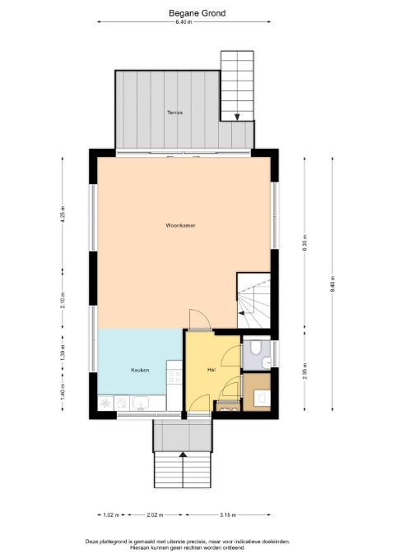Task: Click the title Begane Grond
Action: coord(197,13)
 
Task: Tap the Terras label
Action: coord(175,113)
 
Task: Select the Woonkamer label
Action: coord(180,225)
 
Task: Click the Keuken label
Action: coord(140,370)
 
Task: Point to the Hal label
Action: coord(211,370)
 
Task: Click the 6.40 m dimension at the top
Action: coord(184,22)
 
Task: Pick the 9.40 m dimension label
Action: coord(332,284)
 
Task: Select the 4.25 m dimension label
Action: coord(63,214)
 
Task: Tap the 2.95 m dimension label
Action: coord(304,371)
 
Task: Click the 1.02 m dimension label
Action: coord(112,515)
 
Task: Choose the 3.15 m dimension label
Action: coord(228,515)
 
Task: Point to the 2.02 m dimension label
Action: coord(155,515)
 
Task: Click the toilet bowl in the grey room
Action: coord(256,348)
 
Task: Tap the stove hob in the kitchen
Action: coord(174,377)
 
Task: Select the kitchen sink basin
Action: coord(141,404)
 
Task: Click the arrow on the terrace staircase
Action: coord(237,117)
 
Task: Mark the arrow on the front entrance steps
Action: coord(183,454)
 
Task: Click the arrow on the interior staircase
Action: coord(241,313)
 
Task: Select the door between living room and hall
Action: coord(200,320)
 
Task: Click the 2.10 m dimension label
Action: coord(63,300)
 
